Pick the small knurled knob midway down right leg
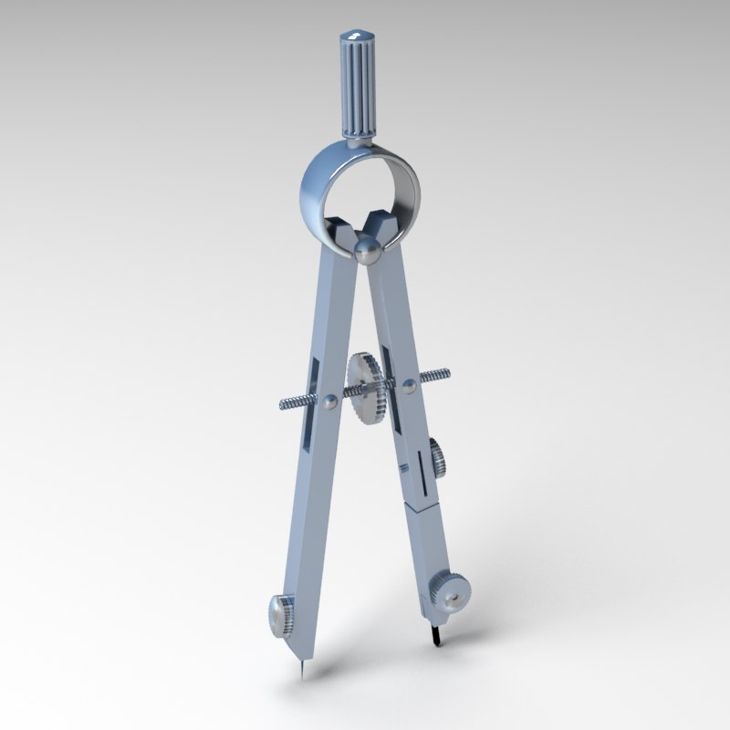pyautogui.click(x=437, y=456)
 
